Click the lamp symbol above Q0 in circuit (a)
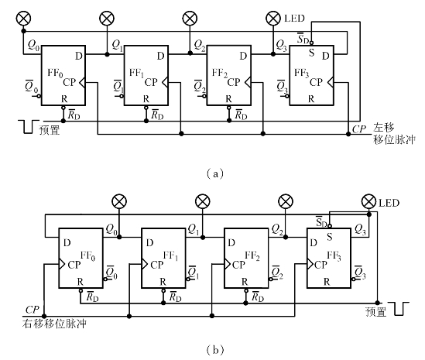click(x=23, y=19)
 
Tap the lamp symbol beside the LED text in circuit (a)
click(x=273, y=19)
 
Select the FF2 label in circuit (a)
click(x=220, y=73)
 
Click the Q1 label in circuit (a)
click(x=118, y=45)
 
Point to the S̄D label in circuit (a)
click(x=303, y=39)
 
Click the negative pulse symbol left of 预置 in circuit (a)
click(x=29, y=127)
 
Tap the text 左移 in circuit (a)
click(x=384, y=127)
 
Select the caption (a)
click(x=215, y=173)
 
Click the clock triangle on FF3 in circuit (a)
click(x=331, y=82)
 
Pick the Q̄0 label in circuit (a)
click(x=32, y=87)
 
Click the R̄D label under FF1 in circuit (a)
click(x=157, y=115)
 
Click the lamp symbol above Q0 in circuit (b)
click(x=119, y=202)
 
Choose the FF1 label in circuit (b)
click(x=170, y=255)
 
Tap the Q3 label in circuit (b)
click(x=361, y=230)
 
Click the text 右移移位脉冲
click(x=54, y=324)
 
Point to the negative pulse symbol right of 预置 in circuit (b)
click(x=399, y=309)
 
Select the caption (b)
click(x=215, y=350)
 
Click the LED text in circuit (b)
click(x=389, y=203)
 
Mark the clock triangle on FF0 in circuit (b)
click(x=62, y=264)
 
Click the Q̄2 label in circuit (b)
click(x=277, y=273)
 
